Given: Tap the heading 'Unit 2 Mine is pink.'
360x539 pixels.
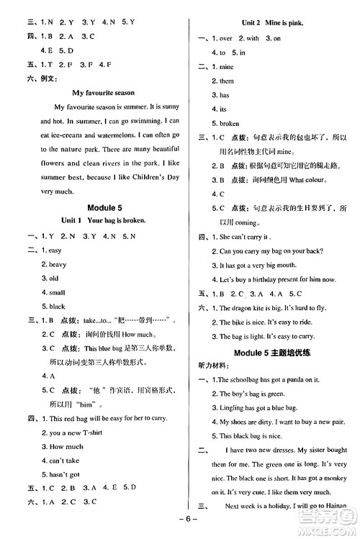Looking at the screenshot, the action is click(x=271, y=23).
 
